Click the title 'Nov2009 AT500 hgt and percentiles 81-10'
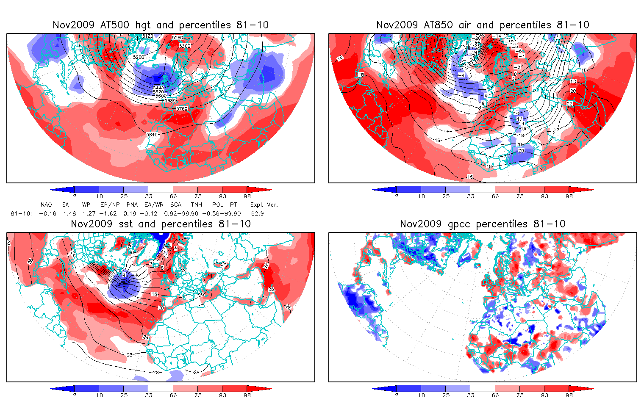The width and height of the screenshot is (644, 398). click(x=161, y=25)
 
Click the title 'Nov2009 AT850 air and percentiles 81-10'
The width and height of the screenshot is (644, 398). click(x=483, y=25)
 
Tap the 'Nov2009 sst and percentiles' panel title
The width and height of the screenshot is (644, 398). click(x=161, y=224)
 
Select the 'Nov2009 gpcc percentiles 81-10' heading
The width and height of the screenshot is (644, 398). click(x=483, y=224)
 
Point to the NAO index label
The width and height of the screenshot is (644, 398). click(x=46, y=205)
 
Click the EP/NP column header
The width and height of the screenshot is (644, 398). click(x=110, y=205)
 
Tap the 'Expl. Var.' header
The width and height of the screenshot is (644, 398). click(x=264, y=205)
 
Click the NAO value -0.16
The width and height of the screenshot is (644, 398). click(x=47, y=213)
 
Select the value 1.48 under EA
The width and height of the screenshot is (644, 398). click(x=69, y=213)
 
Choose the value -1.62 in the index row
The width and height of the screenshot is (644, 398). click(x=108, y=213)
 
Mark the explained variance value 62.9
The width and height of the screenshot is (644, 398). click(x=258, y=213)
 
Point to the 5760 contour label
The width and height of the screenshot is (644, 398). click(x=182, y=109)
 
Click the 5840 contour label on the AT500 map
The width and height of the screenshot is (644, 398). click(x=152, y=135)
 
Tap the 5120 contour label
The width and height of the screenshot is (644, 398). click(x=147, y=36)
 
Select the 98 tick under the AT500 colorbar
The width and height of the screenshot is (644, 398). click(x=247, y=196)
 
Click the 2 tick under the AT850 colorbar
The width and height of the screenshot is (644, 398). click(x=397, y=196)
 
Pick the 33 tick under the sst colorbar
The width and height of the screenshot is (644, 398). click(x=148, y=395)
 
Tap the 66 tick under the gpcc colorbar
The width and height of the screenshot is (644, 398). click(x=495, y=395)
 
